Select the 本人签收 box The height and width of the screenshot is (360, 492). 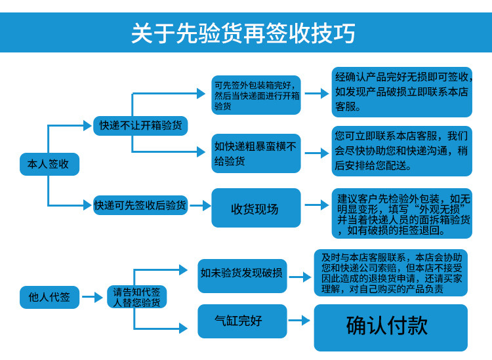pyautogui.click(x=49, y=164)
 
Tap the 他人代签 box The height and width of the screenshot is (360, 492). pyautogui.click(x=49, y=297)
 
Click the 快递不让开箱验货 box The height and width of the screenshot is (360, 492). pyautogui.click(x=141, y=125)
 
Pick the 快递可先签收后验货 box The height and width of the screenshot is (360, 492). pyautogui.click(x=140, y=205)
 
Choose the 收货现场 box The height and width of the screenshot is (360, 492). pyautogui.click(x=255, y=209)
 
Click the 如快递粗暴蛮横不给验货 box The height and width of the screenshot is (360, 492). pyautogui.click(x=255, y=153)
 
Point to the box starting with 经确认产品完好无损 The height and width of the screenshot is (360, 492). pyautogui.click(x=401, y=92)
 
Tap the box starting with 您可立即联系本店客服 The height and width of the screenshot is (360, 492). pyautogui.click(x=401, y=151)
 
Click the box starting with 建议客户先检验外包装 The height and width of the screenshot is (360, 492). pyautogui.click(x=401, y=214)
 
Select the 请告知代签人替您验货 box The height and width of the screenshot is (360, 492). pyautogui.click(x=136, y=297)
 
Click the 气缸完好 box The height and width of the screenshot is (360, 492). pyautogui.click(x=242, y=321)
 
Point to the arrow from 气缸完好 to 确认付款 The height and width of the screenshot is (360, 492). pyautogui.click(x=299, y=321)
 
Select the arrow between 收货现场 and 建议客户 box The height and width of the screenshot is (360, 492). pyautogui.click(x=316, y=205)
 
